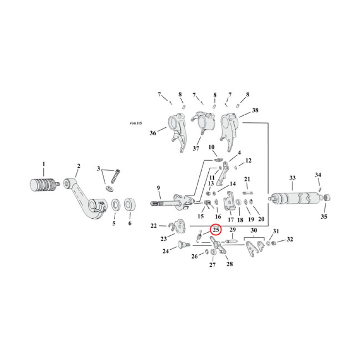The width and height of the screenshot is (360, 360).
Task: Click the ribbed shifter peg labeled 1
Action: [44, 184]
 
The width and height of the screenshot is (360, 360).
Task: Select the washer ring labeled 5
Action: [115, 205]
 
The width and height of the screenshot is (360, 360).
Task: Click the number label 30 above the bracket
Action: [254, 230]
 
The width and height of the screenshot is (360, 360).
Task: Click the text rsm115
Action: [135, 123]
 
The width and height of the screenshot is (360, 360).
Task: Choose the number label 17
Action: [230, 220]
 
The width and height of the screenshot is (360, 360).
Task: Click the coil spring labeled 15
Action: [208, 205]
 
